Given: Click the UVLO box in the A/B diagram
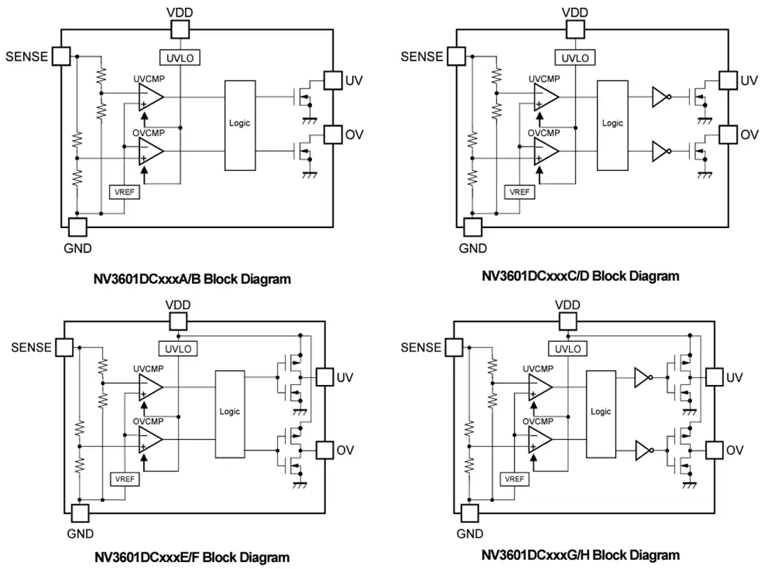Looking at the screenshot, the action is coord(179,58).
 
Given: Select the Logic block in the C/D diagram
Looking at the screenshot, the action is coord(612,126).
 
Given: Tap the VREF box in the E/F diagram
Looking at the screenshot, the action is coord(124,479).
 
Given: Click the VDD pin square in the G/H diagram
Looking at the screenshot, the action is coord(568,321).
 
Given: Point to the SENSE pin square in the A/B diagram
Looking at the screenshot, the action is coord(61,56).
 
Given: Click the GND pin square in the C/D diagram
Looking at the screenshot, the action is coord(473,227).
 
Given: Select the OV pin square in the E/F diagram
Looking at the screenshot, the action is coord(325,450).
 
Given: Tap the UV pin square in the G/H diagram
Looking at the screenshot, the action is coord(714,377).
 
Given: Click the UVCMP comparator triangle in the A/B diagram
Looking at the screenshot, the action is coord(150,97).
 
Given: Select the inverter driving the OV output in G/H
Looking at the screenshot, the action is coord(644,450).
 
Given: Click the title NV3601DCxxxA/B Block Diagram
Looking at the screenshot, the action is coord(192,280).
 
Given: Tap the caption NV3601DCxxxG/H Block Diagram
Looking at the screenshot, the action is coord(580,555).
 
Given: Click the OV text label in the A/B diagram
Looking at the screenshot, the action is coord(354,135).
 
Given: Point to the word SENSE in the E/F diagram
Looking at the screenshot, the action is coord(31,347).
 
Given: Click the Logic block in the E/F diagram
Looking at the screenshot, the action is coord(230,414).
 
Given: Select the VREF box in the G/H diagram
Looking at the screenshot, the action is coord(515,479).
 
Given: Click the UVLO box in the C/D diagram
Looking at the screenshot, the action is coord(575,58).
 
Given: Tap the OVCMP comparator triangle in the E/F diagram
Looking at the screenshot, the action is coord(150,439).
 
